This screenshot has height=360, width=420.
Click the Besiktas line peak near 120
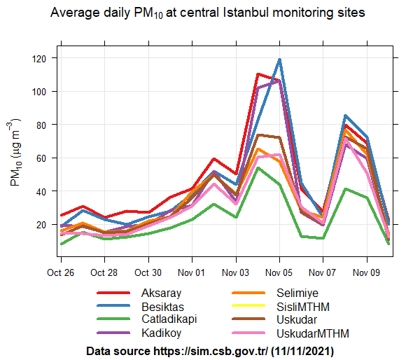(280, 60)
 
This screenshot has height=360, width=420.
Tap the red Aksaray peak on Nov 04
(258, 74)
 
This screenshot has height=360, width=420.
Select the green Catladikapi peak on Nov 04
(258, 168)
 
